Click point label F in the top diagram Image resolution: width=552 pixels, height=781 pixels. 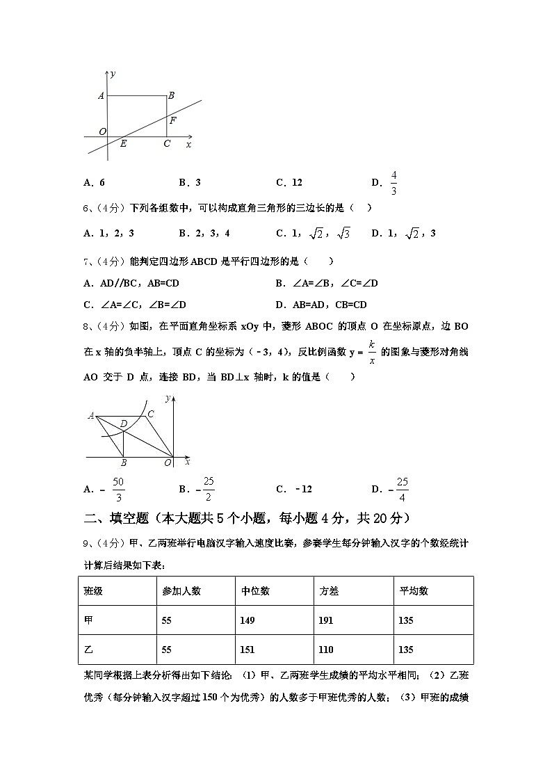172,120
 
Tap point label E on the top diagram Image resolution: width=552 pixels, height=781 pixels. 123,144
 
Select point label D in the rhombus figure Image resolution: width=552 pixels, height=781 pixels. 123,423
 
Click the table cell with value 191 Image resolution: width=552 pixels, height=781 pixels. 326,620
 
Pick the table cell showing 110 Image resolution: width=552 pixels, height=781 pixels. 326,650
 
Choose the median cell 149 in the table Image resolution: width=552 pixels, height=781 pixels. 247,620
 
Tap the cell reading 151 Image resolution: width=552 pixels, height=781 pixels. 247,650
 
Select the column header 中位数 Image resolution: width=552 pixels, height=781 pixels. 255,591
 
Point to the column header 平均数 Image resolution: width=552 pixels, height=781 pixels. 414,591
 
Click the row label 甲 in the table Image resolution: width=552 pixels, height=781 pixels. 88,620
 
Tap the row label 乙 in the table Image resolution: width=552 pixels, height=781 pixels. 88,650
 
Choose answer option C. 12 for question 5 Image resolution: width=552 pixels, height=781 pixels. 289,183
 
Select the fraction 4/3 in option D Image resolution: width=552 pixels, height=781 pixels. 393,183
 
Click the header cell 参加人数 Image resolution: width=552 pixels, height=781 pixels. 181,591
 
